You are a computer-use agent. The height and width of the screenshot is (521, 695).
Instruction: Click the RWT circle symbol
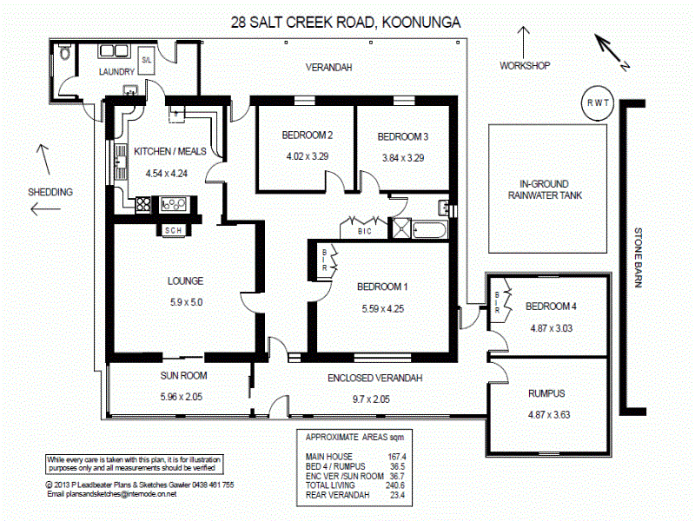(598, 103)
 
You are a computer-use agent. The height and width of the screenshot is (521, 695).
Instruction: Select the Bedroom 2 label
(308, 135)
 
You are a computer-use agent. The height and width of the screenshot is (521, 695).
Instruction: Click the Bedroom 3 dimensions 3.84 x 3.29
(402, 158)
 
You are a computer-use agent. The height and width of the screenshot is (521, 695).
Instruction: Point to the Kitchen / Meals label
(170, 151)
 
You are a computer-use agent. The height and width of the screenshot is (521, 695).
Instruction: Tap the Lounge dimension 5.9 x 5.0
(185, 302)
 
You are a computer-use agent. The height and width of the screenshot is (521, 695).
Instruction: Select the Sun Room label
(183, 376)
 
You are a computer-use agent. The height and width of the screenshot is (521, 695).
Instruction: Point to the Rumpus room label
(546, 392)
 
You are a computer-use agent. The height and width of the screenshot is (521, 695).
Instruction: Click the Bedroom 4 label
(551, 307)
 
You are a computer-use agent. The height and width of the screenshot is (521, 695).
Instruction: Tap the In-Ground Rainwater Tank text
(545, 189)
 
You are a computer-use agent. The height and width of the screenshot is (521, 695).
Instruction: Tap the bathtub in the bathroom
(431, 231)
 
